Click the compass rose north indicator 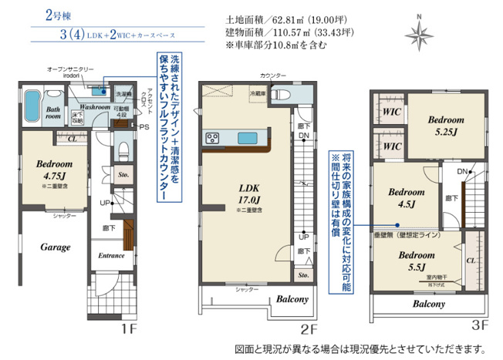tap(419, 32)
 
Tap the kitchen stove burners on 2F tap(213, 138)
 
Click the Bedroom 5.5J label tap(414, 261)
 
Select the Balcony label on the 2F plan tap(289, 299)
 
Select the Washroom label tap(93, 107)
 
